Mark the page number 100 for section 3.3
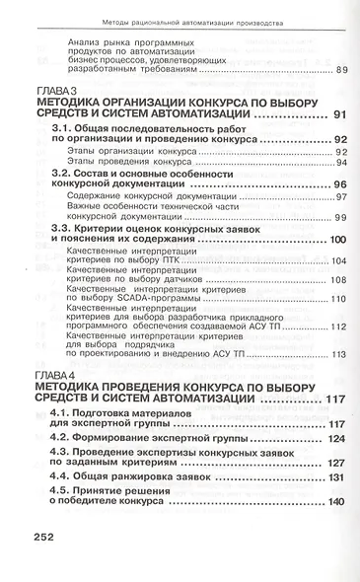(x=335, y=240)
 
